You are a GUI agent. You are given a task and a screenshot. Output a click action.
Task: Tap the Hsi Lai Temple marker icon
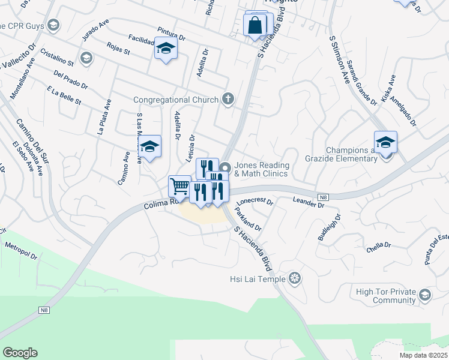(294, 278)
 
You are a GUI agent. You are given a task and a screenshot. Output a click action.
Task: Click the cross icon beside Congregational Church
(228, 99)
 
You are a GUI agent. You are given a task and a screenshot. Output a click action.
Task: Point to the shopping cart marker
(179, 187)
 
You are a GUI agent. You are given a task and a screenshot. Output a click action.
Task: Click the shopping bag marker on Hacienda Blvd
(255, 26)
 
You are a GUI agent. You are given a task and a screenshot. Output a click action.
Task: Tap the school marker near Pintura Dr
(166, 49)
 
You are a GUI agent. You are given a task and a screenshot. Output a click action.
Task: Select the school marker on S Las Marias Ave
(149, 146)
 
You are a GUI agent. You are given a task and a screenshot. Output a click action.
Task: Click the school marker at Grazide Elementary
(385, 142)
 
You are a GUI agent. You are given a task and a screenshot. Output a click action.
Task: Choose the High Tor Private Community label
(386, 296)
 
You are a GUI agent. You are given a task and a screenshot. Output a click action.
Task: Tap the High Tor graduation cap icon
(425, 295)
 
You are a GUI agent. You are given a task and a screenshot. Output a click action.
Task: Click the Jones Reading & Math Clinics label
(262, 169)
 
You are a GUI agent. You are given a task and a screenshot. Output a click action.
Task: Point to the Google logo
(20, 353)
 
